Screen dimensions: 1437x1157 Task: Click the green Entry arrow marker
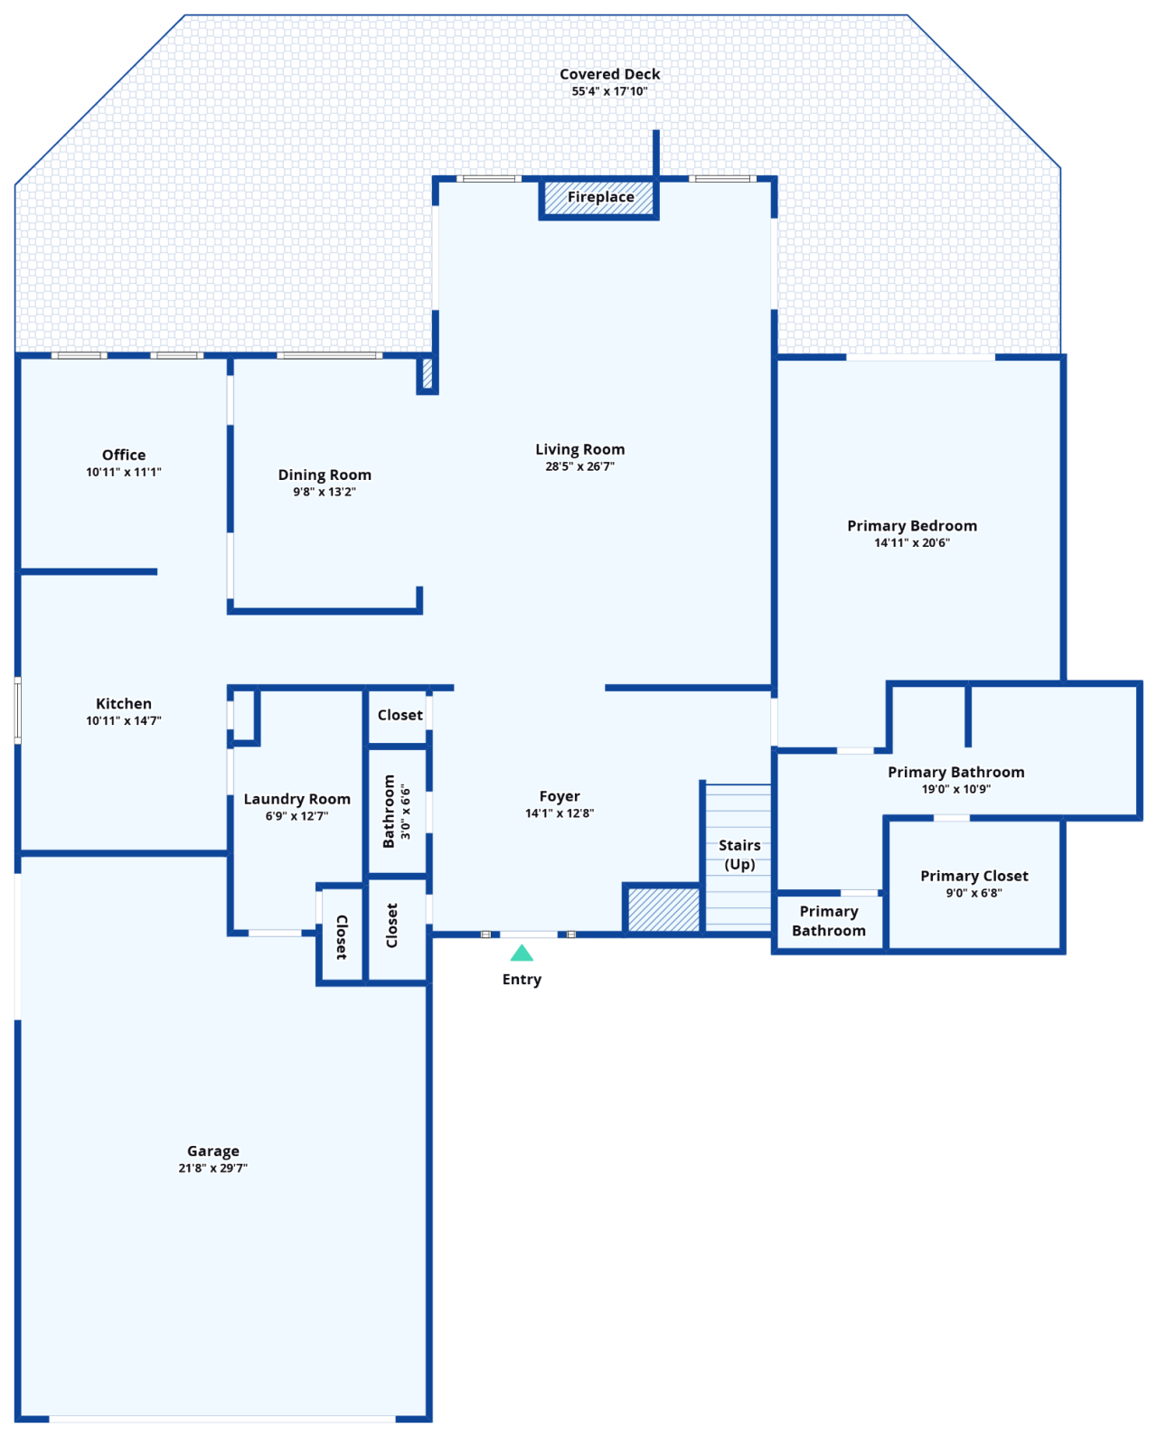pyautogui.click(x=522, y=953)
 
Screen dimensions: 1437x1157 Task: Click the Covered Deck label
pyautogui.click(x=609, y=74)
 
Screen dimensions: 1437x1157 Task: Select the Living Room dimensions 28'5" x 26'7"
pyautogui.click(x=579, y=466)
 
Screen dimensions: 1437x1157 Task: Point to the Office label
pyautogui.click(x=124, y=455)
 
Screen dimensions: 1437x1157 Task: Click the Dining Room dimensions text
pyautogui.click(x=324, y=492)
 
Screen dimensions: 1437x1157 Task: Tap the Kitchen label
pyautogui.click(x=124, y=703)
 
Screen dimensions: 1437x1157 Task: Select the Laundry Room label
pyautogui.click(x=296, y=799)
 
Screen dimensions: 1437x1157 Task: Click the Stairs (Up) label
pyautogui.click(x=739, y=854)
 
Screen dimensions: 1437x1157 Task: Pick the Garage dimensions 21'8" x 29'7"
pyautogui.click(x=212, y=1168)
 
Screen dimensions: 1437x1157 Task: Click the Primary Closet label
pyautogui.click(x=974, y=876)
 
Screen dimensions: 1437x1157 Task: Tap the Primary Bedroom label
pyautogui.click(x=911, y=525)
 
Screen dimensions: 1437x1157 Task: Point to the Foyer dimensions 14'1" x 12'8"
pyautogui.click(x=559, y=812)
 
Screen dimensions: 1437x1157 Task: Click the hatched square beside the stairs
pyautogui.click(x=663, y=909)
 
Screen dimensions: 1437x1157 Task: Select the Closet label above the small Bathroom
pyautogui.click(x=400, y=715)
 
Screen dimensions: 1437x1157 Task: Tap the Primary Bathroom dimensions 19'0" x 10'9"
pyautogui.click(x=955, y=789)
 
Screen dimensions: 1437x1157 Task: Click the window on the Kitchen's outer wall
pyautogui.click(x=17, y=710)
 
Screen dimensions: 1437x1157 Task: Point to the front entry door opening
pyautogui.click(x=529, y=935)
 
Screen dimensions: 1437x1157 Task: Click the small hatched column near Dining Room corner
pyautogui.click(x=428, y=373)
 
